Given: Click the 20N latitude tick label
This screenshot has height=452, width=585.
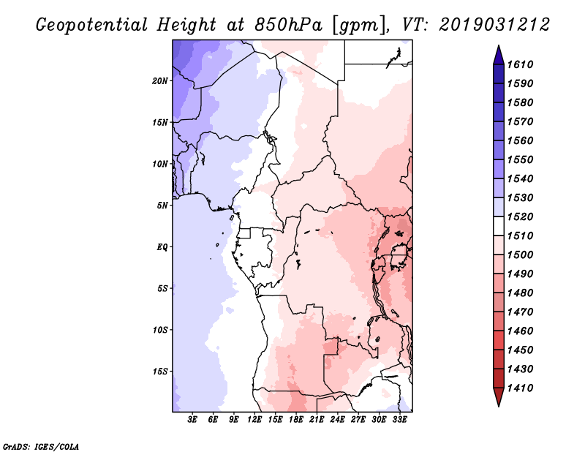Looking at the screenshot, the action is click(x=160, y=81).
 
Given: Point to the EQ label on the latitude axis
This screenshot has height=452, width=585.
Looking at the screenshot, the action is click(x=162, y=247).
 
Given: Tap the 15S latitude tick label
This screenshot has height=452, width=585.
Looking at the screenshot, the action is click(x=160, y=372).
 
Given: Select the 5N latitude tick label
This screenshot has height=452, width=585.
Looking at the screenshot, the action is click(x=162, y=206).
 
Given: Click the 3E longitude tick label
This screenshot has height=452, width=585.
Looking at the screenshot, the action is click(x=192, y=419).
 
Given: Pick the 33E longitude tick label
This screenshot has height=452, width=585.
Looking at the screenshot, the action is click(x=399, y=419).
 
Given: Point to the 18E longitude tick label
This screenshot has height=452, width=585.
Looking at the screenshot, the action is click(x=296, y=419).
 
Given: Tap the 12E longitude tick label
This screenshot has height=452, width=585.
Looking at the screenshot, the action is click(x=254, y=419).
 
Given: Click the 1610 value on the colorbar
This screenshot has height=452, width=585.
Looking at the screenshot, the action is click(x=521, y=64).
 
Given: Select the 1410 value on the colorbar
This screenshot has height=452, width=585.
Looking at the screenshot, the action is click(x=521, y=388).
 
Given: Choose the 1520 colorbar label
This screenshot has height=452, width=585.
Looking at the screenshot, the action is click(x=521, y=216).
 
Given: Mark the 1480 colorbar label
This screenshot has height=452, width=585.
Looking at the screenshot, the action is click(x=521, y=293).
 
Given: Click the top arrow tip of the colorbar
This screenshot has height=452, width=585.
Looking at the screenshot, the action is click(x=499, y=45).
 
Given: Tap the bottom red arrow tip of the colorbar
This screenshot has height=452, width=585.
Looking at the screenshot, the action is click(x=499, y=407).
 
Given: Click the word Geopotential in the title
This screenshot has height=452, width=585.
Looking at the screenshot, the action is click(x=92, y=26).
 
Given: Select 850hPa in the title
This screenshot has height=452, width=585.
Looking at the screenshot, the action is click(x=288, y=25).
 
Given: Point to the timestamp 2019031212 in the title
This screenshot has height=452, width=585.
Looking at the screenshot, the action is click(x=494, y=25).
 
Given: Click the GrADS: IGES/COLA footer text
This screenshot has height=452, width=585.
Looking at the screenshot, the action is click(x=41, y=447).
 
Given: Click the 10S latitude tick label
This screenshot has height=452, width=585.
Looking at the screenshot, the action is click(x=160, y=330).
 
